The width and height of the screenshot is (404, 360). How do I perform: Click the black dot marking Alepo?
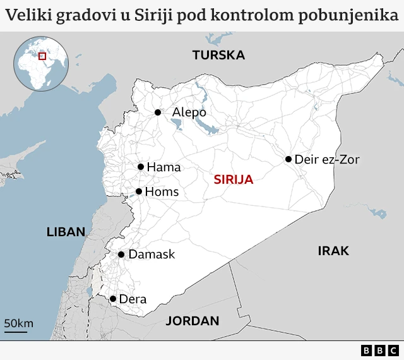(158, 112)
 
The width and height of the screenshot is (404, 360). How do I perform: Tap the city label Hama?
(163, 167)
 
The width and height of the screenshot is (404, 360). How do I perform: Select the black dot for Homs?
(139, 191)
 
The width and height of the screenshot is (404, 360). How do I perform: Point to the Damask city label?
(151, 255)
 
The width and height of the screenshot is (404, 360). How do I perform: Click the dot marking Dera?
(113, 299)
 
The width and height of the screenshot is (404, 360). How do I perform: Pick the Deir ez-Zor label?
(327, 160)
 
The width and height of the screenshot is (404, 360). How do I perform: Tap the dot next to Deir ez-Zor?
(288, 159)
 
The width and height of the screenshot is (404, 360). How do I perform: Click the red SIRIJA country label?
(234, 180)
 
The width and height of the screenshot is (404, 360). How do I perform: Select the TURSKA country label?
(218, 55)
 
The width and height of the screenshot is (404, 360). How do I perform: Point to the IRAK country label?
(333, 251)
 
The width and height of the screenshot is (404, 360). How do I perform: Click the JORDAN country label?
(193, 321)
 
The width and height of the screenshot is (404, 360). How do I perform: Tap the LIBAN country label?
(66, 232)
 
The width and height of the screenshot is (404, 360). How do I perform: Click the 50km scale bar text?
(19, 323)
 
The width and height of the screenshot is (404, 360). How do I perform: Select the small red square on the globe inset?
(43, 56)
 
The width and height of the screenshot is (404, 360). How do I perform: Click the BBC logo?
(380, 350)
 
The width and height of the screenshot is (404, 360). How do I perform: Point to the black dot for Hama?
(141, 167)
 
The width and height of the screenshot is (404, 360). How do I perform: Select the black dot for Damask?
(121, 255)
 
